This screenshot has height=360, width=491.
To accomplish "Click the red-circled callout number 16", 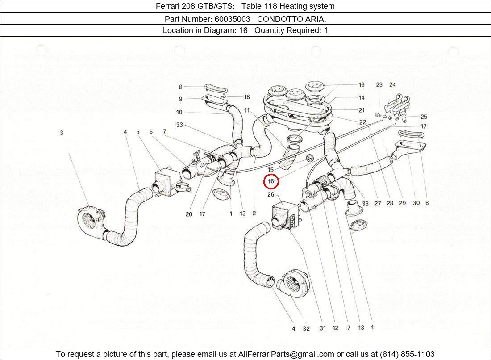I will click(271, 181).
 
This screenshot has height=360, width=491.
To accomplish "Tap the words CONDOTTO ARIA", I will click(291, 19).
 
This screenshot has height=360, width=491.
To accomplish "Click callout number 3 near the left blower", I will click(62, 133).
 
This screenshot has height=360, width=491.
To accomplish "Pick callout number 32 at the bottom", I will click(306, 329).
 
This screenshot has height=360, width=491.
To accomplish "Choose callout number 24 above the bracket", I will click(392, 85).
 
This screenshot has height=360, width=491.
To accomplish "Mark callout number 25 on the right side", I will click(424, 117).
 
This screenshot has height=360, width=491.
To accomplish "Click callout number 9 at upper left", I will click(180, 99).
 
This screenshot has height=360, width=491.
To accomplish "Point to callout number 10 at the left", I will click(179, 112).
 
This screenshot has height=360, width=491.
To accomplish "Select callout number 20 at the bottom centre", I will click(189, 214).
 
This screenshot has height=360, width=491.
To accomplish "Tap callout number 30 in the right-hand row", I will click(416, 203).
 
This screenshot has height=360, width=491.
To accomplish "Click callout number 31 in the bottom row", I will click(322, 328).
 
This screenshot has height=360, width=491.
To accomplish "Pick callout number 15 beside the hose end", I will click(270, 170).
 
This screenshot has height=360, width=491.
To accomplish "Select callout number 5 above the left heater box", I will click(138, 132).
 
